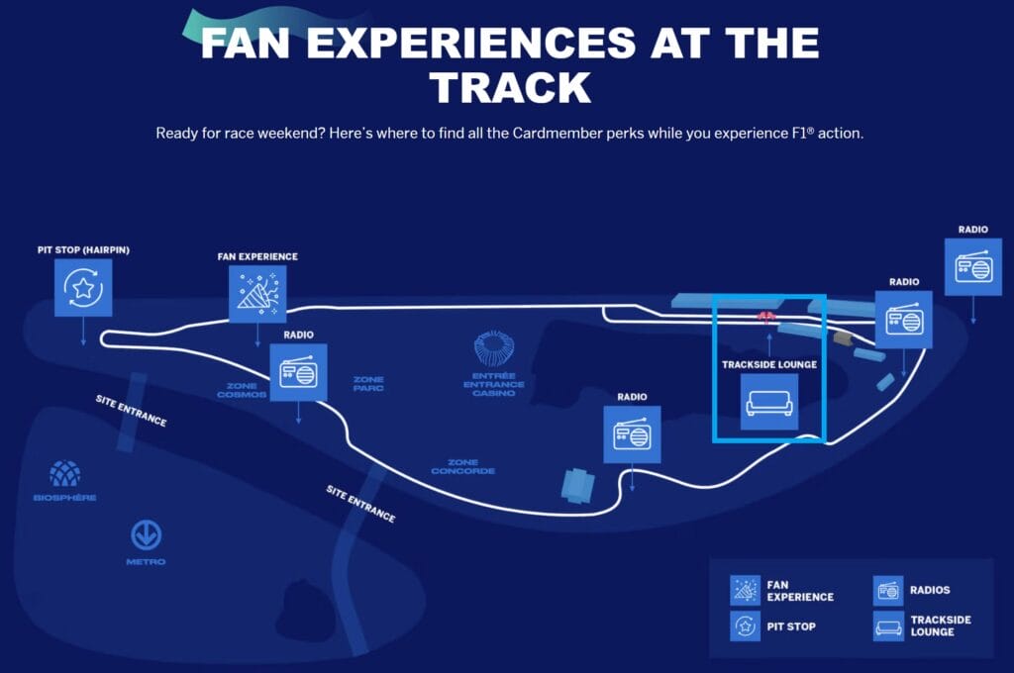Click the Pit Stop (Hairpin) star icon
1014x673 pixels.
click(x=83, y=288)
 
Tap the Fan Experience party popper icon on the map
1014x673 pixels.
click(x=257, y=293)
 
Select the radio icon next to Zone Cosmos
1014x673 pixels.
click(x=298, y=372)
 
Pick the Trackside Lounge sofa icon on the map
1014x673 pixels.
click(x=769, y=402)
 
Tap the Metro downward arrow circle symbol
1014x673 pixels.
click(x=147, y=535)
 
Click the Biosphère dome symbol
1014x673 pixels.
click(x=66, y=474)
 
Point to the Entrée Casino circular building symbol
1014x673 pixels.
click(x=494, y=349)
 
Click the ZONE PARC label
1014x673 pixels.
click(x=368, y=384)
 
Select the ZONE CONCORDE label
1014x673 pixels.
click(x=463, y=466)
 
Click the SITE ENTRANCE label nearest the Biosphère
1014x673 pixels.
click(x=131, y=411)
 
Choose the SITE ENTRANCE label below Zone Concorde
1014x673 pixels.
click(x=360, y=504)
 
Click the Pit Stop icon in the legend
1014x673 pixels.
click(x=745, y=626)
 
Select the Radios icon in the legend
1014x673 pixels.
click(x=888, y=591)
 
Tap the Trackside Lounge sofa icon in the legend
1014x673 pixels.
click(x=888, y=626)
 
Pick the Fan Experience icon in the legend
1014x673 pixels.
click(x=745, y=591)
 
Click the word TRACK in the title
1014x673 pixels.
click(x=511, y=87)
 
